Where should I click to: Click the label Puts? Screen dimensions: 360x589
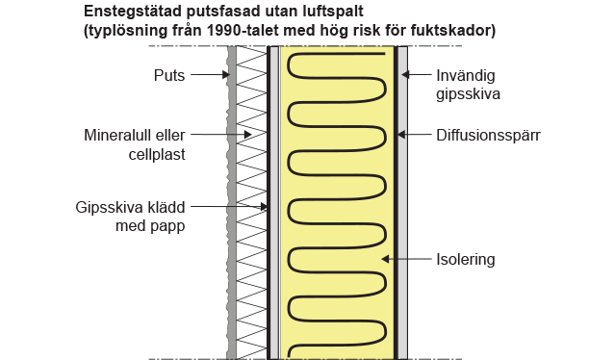click(169, 74)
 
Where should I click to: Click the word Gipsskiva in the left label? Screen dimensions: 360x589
click(109, 207)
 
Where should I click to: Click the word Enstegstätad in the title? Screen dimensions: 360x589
click(130, 12)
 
